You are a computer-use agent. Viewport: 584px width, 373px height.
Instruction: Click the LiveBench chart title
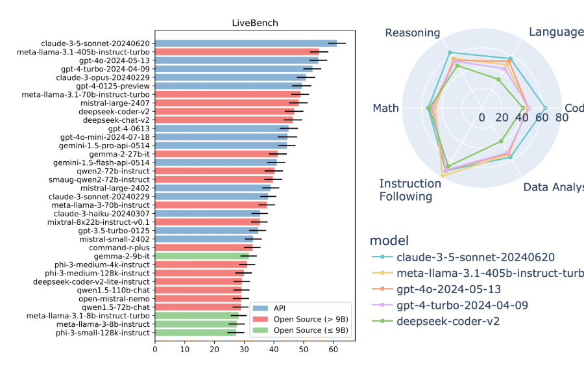coord(255,23)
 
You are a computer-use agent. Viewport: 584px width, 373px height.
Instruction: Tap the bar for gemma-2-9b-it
coord(202,256)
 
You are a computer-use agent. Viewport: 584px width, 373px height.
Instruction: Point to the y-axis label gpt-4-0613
coord(130,129)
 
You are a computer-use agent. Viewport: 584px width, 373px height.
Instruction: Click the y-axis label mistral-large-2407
coord(115,103)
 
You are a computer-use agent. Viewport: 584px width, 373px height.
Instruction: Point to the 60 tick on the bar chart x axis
coord(333,350)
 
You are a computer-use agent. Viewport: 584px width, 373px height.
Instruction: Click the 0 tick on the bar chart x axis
coord(155,350)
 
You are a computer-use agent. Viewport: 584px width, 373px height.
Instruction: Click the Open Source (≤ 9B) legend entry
coord(310,330)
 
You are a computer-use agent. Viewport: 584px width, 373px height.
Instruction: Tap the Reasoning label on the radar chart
coord(413,32)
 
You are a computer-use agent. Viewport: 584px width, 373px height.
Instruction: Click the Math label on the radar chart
coord(385,108)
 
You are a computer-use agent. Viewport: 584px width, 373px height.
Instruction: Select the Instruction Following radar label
coord(410,190)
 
